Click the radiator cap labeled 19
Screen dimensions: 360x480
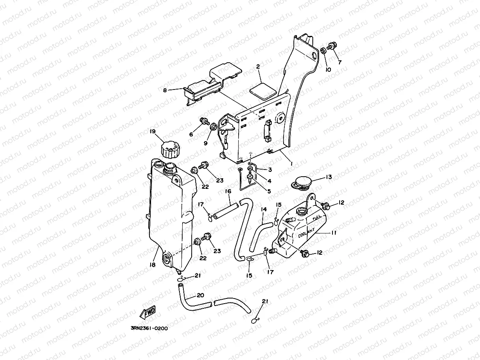tap(171, 150)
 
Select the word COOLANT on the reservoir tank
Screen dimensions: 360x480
tap(306, 233)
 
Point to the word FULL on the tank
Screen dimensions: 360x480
tap(316, 218)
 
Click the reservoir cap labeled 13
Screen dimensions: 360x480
tap(302, 182)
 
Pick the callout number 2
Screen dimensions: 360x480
tap(258, 67)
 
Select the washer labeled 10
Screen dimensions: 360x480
tap(323, 51)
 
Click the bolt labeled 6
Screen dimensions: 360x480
tap(204, 120)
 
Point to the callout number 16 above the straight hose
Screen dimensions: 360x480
tap(228, 191)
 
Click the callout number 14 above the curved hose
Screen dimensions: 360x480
tap(264, 209)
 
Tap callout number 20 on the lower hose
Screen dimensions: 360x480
tap(200, 295)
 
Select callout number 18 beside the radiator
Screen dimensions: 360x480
tap(152, 265)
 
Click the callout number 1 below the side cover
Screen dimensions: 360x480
tap(291, 163)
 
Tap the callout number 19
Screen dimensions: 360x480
tap(152, 131)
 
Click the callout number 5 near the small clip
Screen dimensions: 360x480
tap(269, 191)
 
